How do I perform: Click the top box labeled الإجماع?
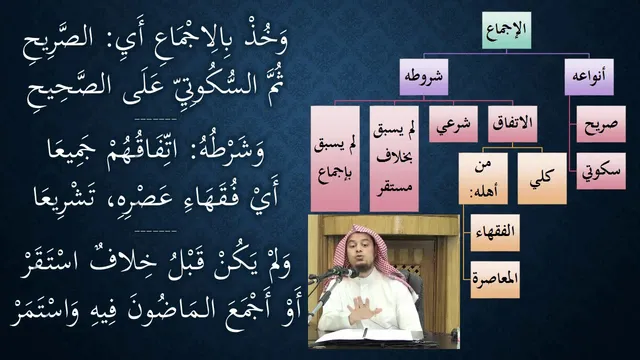(506, 30)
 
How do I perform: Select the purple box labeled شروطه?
(423, 77)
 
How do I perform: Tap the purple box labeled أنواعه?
(589, 77)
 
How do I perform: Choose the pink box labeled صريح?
(601, 124)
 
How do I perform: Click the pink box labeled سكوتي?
(601, 171)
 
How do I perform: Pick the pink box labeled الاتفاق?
(512, 124)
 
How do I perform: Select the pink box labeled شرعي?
(453, 124)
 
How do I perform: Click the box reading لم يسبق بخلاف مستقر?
(394, 159)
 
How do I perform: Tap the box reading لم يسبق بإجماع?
(335, 159)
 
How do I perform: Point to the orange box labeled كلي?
(542, 178)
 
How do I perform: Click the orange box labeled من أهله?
(483, 178)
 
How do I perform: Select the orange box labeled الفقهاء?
(495, 233)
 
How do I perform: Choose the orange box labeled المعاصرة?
(495, 280)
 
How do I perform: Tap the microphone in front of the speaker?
(341, 271)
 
